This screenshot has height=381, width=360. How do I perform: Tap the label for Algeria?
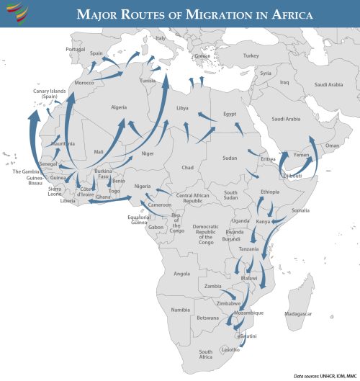click(x=119, y=107)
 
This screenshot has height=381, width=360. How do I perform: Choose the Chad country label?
click(x=188, y=167)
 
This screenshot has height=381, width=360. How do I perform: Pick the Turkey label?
click(x=251, y=55)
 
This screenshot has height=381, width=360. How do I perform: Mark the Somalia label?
click(x=300, y=210)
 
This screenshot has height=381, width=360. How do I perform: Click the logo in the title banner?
click(x=15, y=13)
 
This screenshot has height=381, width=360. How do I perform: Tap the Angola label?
click(x=183, y=274)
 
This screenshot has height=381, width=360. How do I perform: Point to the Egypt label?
click(x=230, y=114)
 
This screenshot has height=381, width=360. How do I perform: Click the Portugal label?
click(x=76, y=49)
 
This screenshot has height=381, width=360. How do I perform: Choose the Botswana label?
click(x=208, y=318)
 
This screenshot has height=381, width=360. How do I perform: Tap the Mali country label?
click(x=99, y=152)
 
